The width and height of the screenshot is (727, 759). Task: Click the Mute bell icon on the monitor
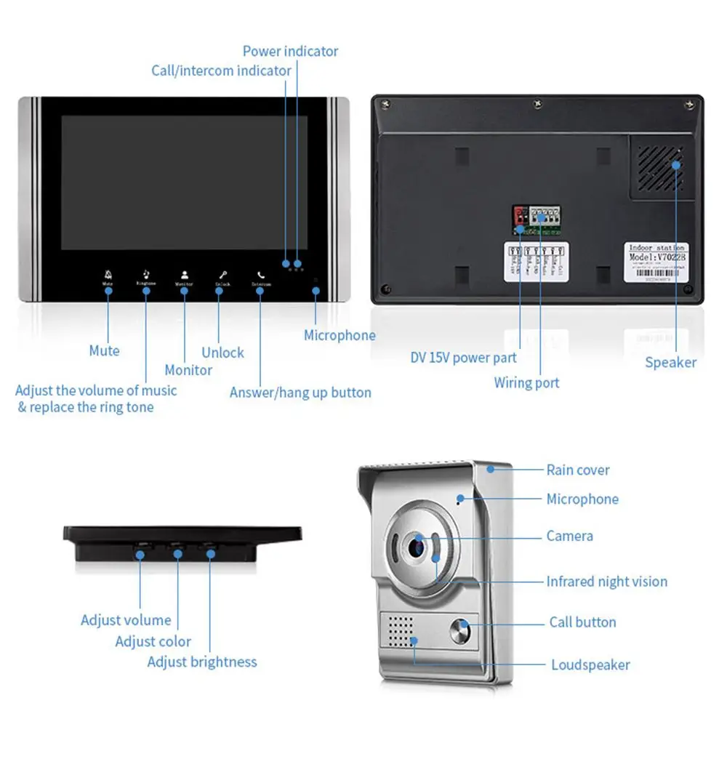[108, 275]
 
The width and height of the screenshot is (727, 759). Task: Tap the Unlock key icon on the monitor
[222, 275]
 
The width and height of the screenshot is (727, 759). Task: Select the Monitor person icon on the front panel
[184, 275]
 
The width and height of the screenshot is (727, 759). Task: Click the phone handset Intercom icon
[260, 276]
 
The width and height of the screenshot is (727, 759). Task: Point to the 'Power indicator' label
[290, 51]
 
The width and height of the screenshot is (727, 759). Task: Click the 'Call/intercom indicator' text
[221, 71]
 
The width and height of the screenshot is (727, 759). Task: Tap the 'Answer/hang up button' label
[300, 393]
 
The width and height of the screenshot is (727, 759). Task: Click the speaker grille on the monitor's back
[661, 166]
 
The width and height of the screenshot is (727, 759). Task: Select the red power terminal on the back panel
[520, 215]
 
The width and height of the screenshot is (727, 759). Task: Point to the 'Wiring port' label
[526, 382]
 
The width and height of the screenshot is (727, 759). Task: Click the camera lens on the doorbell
[417, 545]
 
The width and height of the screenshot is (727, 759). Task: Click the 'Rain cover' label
[577, 470]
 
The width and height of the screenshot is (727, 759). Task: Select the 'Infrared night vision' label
[606, 582]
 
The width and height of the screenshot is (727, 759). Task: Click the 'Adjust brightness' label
[202, 662]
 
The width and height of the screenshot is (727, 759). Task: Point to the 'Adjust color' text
[153, 641]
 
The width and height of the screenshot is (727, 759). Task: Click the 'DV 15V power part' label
[463, 358]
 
